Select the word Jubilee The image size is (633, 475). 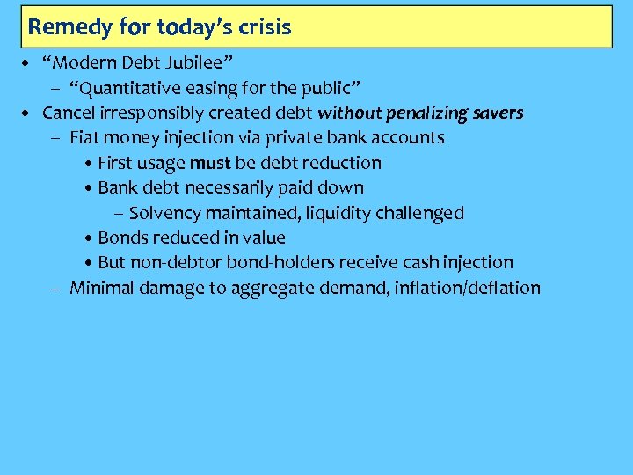[191, 63]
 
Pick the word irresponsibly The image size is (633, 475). [150, 113]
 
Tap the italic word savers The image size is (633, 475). [497, 113]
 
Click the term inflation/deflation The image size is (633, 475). [469, 288]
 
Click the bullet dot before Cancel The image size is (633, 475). [29, 113]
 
